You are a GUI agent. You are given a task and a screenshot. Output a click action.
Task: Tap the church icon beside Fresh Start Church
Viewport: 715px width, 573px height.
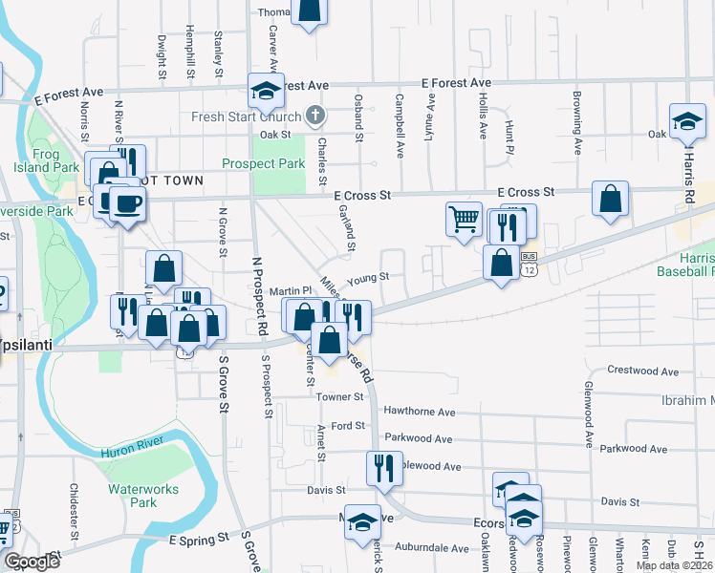[x=314, y=117]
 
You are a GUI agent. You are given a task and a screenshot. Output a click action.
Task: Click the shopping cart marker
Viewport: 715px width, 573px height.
[x=464, y=220]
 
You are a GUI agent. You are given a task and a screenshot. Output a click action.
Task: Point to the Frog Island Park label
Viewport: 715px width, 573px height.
[x=47, y=159]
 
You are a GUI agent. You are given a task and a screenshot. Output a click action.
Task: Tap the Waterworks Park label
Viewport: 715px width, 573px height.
[x=132, y=495]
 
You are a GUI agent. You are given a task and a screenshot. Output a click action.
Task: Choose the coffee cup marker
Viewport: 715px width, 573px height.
[x=127, y=202]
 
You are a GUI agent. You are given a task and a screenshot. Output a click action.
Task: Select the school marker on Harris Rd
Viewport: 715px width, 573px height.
[x=687, y=121]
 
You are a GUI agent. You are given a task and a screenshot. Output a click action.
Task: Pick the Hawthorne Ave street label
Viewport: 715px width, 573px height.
[x=420, y=412]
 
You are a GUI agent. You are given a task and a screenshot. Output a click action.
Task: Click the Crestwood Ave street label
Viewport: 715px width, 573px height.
[x=642, y=371]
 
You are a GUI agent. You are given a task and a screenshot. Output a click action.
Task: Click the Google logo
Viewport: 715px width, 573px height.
[x=32, y=562]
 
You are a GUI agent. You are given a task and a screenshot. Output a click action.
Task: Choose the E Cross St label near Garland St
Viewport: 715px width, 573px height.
[x=363, y=195]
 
